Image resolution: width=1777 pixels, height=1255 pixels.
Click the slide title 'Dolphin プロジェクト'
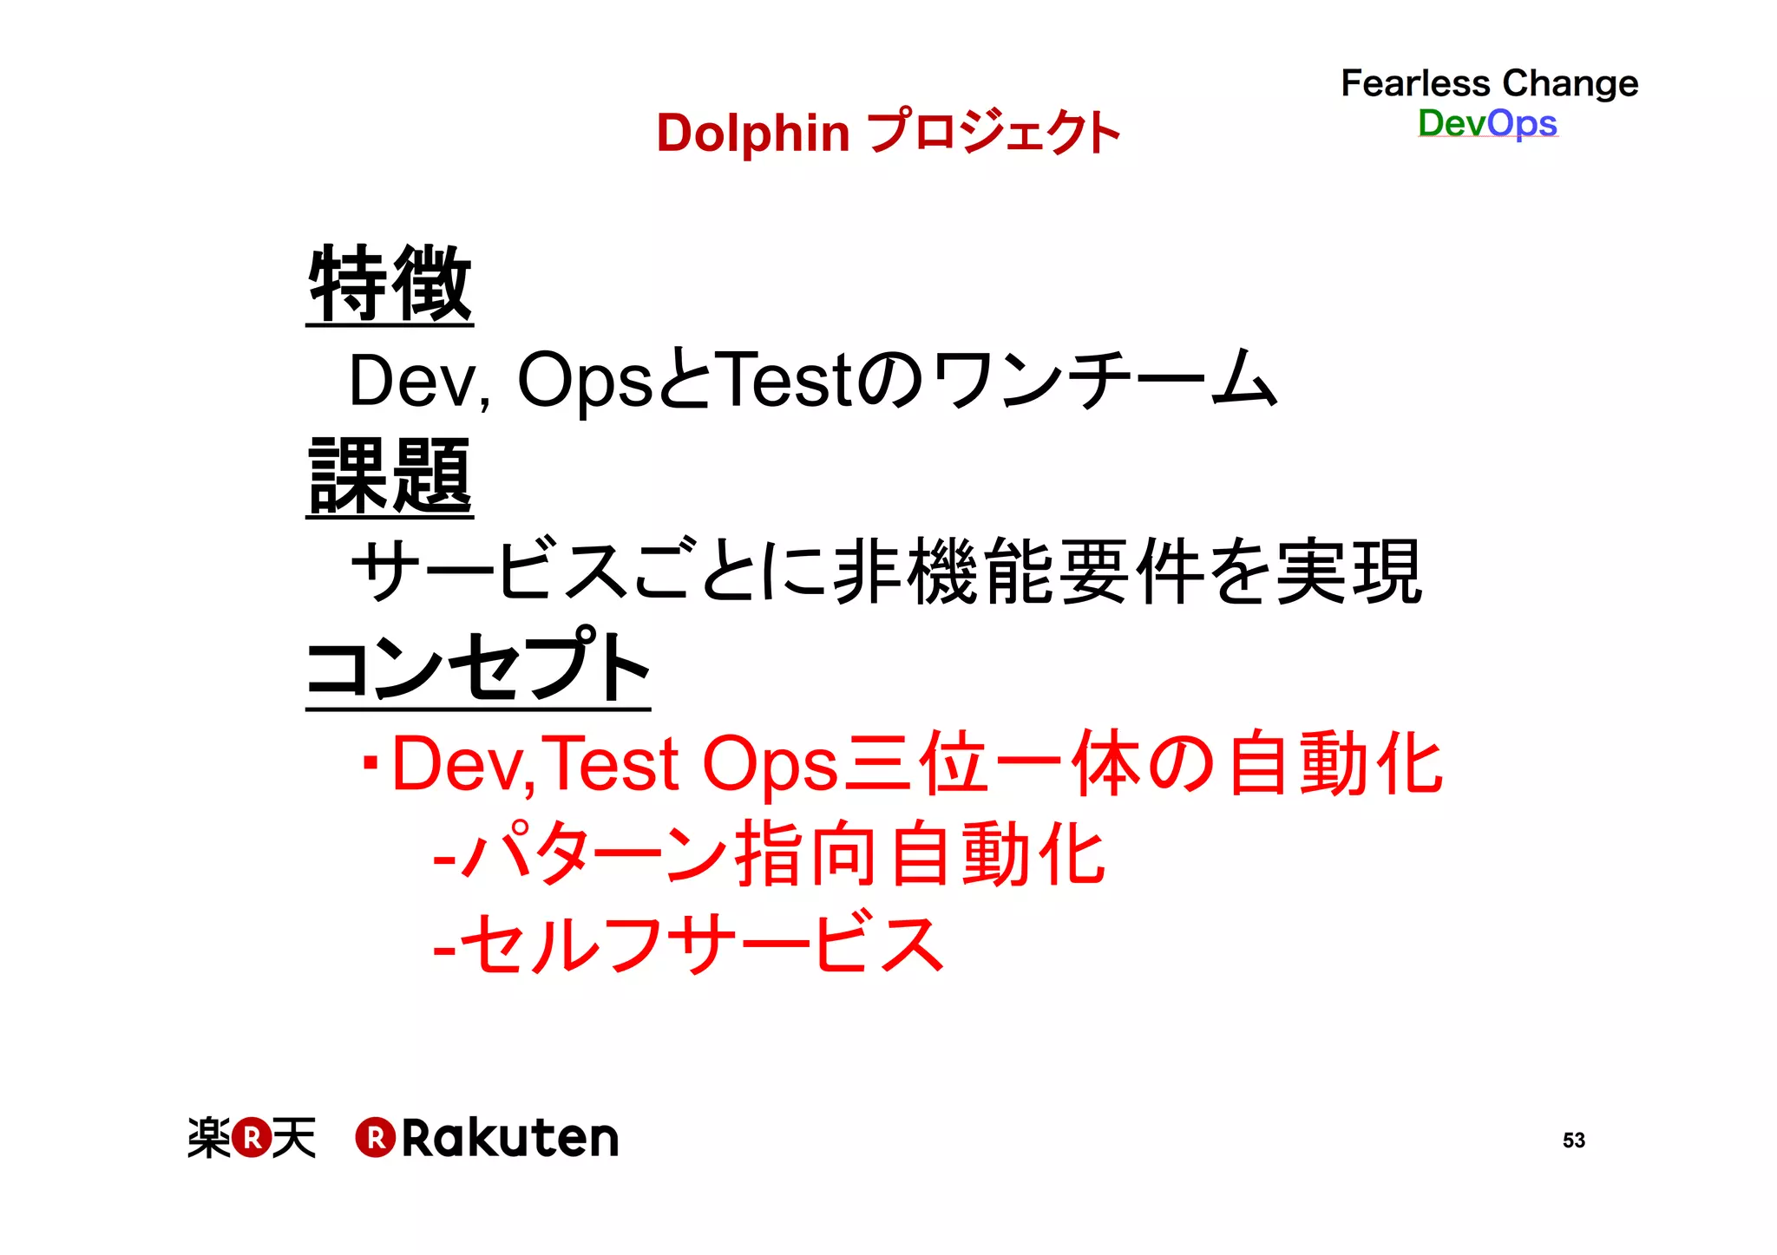tap(888, 133)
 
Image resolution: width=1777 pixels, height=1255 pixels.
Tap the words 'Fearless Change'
tap(1489, 83)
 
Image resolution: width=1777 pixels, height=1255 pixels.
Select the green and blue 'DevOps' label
tap(1487, 123)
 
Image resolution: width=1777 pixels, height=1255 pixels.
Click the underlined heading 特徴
tap(390, 284)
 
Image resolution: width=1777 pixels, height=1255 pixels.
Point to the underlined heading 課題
tap(390, 476)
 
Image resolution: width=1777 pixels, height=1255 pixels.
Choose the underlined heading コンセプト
tap(478, 667)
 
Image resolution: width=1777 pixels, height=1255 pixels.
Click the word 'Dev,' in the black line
tap(419, 381)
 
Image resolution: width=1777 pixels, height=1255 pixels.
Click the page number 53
tap(1573, 1141)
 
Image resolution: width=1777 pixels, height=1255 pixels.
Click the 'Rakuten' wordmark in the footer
tap(510, 1139)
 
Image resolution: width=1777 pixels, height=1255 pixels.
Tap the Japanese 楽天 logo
tap(252, 1138)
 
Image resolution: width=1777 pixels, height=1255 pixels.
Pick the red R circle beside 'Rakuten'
tap(376, 1138)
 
